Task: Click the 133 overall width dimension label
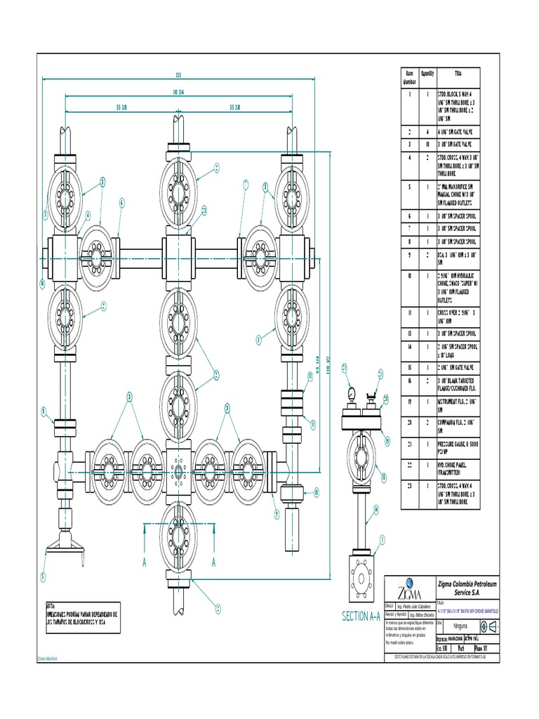(x=178, y=75)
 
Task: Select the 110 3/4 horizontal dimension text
(x=178, y=91)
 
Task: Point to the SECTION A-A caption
(x=361, y=616)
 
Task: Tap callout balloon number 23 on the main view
(x=204, y=210)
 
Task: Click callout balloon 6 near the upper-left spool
(x=121, y=203)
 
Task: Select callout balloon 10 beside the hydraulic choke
(x=317, y=492)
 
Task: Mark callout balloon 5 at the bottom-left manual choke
(x=42, y=577)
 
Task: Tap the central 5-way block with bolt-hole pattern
(x=178, y=468)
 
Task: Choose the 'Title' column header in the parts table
(x=458, y=73)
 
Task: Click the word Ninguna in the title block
(x=460, y=622)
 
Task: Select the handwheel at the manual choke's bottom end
(x=65, y=547)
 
